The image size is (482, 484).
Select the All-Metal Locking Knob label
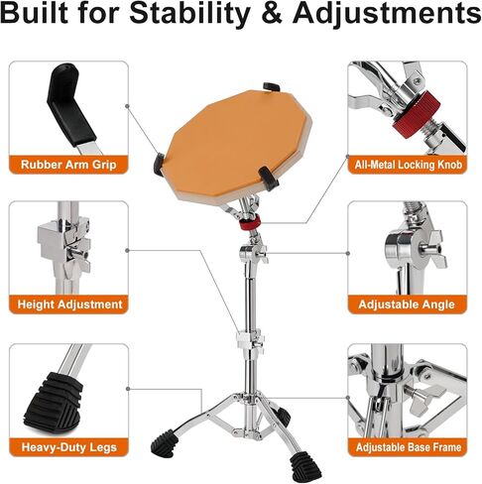point(412,166)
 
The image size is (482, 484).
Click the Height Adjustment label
point(69,304)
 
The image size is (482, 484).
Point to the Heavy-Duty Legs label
point(69,447)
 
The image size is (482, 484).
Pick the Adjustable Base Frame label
point(412,447)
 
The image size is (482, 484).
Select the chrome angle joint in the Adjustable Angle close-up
point(404,246)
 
